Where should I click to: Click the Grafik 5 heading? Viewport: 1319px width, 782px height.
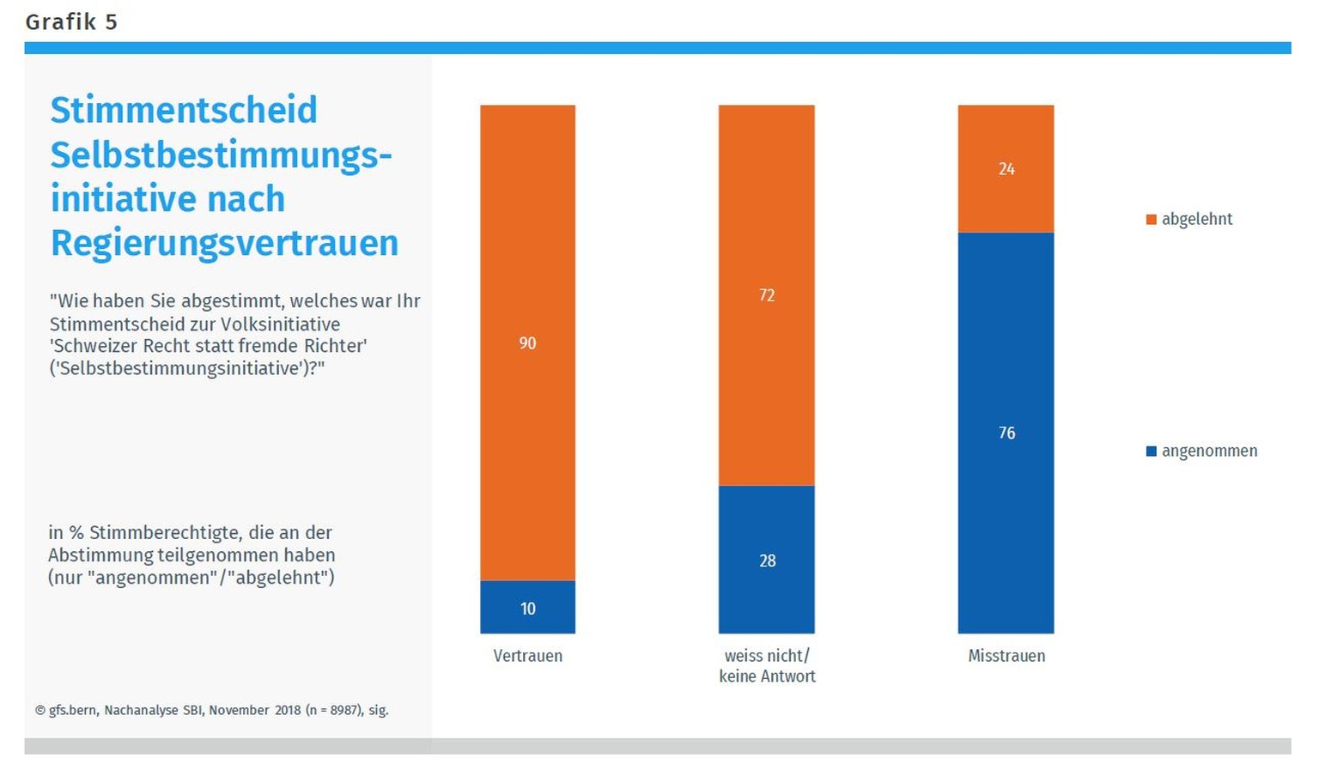tap(71, 21)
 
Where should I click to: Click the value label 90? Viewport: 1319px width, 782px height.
tap(527, 343)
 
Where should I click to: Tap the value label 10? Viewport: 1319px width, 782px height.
tap(527, 609)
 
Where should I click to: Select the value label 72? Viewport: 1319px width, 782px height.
tap(767, 295)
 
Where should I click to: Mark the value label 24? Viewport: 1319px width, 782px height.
tap(1006, 169)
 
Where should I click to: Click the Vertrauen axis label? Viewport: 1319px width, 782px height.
tap(527, 656)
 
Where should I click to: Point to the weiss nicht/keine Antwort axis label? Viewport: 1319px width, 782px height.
tap(767, 666)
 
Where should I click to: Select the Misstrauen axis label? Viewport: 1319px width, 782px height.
tap(1006, 656)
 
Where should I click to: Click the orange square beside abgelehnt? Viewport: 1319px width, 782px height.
tap(1152, 220)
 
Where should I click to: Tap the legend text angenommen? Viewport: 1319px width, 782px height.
tap(1209, 452)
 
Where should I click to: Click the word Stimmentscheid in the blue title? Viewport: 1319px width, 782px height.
tap(184, 111)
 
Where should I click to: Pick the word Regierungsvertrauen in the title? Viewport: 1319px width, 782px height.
tap(224, 243)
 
